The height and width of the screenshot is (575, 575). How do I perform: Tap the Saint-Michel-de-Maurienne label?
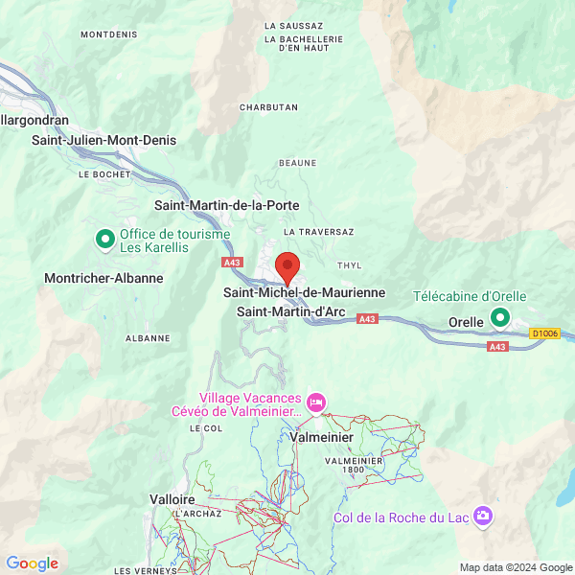(x=305, y=292)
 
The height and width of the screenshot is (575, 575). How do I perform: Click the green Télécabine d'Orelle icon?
(x=500, y=317)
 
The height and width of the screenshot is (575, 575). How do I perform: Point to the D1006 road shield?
(x=544, y=333)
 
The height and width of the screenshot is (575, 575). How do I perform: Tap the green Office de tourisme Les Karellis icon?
(x=104, y=239)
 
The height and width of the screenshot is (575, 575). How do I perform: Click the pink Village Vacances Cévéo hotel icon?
(x=317, y=401)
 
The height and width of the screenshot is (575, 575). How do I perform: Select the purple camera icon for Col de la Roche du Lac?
(x=485, y=517)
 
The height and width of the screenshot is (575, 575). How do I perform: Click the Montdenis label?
(x=109, y=34)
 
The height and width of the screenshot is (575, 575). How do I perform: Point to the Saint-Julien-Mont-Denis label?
(x=104, y=140)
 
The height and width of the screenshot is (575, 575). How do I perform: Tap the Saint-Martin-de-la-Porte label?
(x=226, y=205)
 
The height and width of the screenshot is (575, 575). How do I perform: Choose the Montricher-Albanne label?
(x=103, y=278)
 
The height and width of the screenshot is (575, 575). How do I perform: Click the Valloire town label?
(x=172, y=499)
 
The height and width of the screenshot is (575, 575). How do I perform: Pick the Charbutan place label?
(x=269, y=107)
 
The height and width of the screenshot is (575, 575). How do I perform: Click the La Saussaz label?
(x=293, y=26)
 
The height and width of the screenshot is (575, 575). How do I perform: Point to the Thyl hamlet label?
(x=350, y=265)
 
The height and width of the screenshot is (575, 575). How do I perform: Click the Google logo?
(x=33, y=563)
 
